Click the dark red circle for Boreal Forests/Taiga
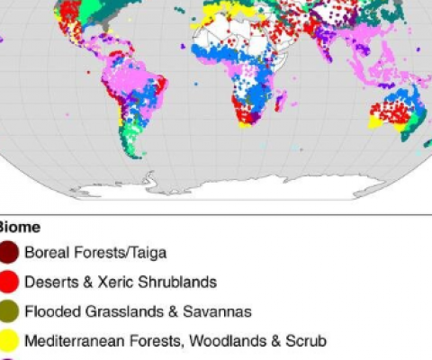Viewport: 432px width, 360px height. [x=8, y=253]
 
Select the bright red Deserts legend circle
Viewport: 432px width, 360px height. [x=8, y=282]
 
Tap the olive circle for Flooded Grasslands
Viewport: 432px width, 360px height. [x=8, y=311]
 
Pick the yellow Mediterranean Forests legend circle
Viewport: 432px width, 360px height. [x=8, y=341]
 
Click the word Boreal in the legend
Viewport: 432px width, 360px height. [x=45, y=253]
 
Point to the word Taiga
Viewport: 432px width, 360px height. [x=145, y=253]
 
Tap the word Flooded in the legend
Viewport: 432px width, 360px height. [x=49, y=311]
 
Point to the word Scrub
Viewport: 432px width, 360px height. [x=305, y=341]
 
